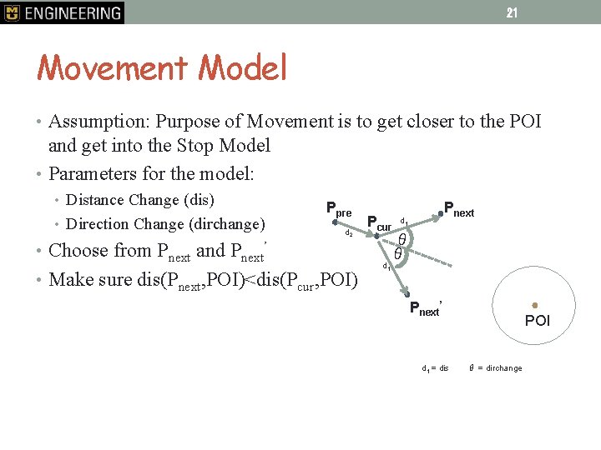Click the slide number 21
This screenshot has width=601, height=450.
pos(512,12)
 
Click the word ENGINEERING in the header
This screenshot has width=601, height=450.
pos(73,12)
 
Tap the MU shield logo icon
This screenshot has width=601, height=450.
pos(11,12)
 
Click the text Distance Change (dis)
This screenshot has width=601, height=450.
pos(140,200)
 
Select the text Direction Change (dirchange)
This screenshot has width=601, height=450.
pos(165,224)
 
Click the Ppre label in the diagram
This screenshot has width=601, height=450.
pos(339,208)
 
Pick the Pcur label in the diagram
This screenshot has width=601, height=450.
pos(379,223)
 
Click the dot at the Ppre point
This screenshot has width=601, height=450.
pos(334,222)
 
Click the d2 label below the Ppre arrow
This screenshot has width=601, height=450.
pos(350,234)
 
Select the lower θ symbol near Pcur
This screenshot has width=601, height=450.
pos(398,253)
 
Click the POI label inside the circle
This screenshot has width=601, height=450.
pos(538,321)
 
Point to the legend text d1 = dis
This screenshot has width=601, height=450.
pos(435,368)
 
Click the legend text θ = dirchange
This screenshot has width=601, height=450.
pos(496,368)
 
